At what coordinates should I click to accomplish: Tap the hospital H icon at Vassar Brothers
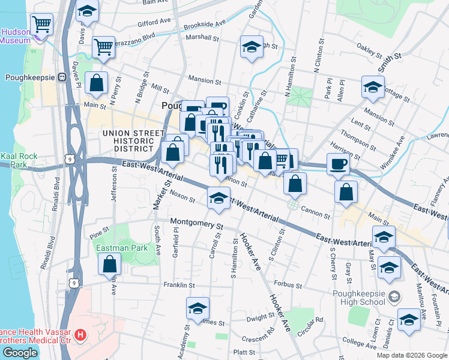pos(79,335)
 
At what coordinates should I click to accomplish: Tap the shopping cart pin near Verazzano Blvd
pos(103,47)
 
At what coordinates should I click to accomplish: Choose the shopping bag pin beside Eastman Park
pos(110,264)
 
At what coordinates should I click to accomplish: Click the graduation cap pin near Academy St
pos(197,308)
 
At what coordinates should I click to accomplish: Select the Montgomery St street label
pos(196,224)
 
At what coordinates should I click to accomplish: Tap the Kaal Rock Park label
pos(19,160)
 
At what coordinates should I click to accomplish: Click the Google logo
pos(20,353)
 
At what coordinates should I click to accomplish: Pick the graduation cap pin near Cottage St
pos(373,87)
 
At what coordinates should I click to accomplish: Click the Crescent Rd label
pos(258,337)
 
